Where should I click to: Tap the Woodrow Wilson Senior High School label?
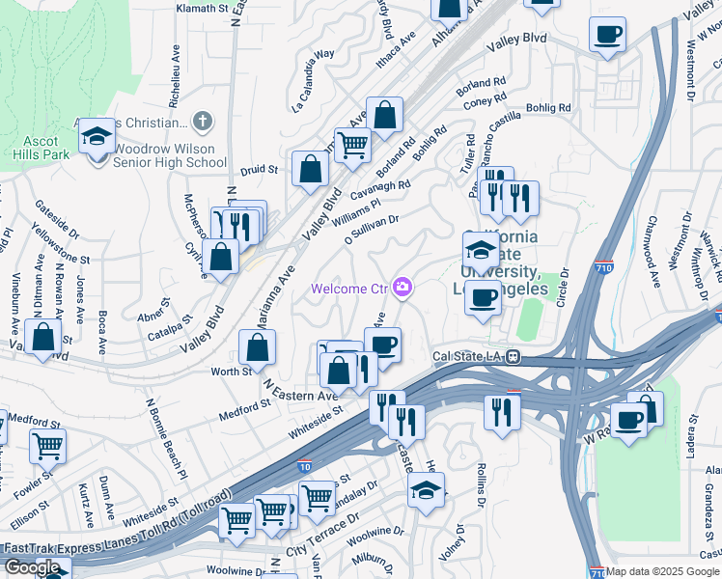coord(170,156)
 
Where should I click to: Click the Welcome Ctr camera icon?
coord(402,287)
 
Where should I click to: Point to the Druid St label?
coord(260,169)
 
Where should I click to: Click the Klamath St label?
coord(208,8)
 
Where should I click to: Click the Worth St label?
coord(232,371)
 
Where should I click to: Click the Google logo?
coord(33,567)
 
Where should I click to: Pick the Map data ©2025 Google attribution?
coord(663,571)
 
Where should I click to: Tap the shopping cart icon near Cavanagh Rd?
coord(352,145)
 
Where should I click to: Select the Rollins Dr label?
coord(480,487)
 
